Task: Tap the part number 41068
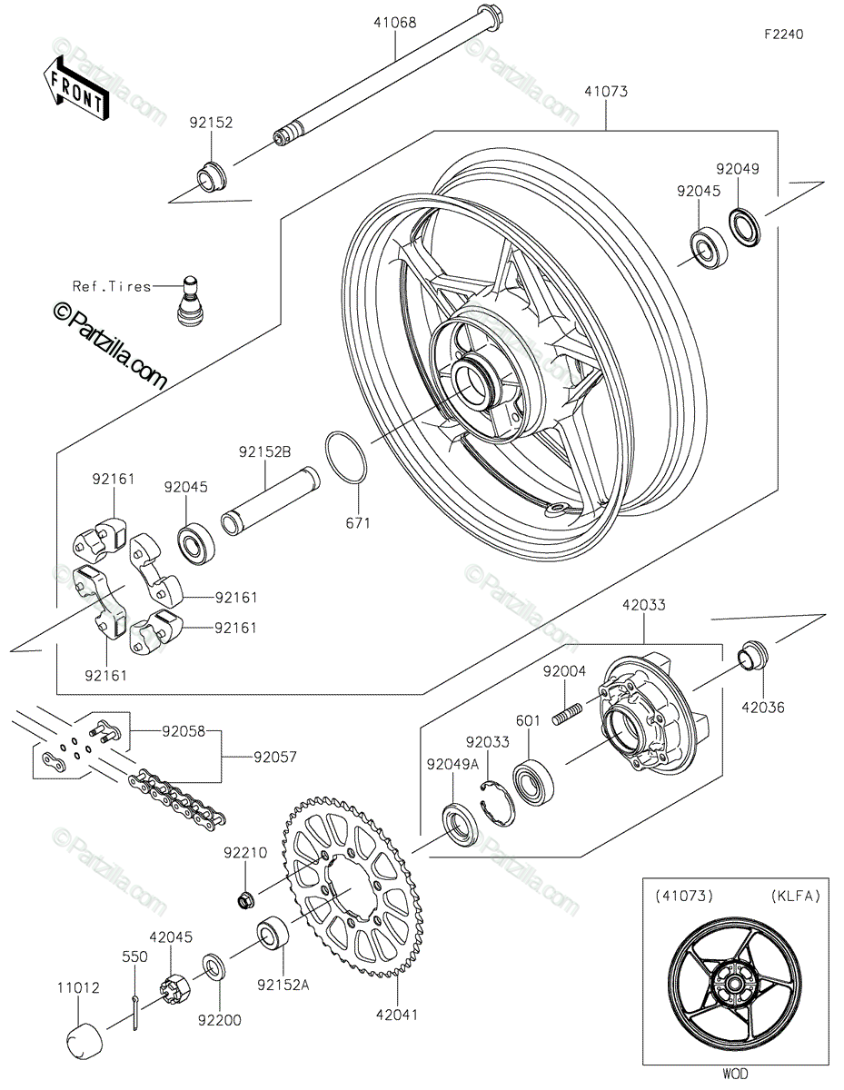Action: tap(394, 23)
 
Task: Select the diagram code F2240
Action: tap(784, 35)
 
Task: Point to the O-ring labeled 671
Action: tap(346, 457)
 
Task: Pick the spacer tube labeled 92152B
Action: tap(271, 500)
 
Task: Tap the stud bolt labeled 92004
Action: tap(567, 713)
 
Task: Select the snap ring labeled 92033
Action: tap(498, 803)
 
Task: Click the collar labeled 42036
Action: tap(753, 655)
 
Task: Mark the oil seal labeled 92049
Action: tap(745, 227)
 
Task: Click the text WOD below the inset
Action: tap(735, 1074)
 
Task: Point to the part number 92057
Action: tap(275, 757)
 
